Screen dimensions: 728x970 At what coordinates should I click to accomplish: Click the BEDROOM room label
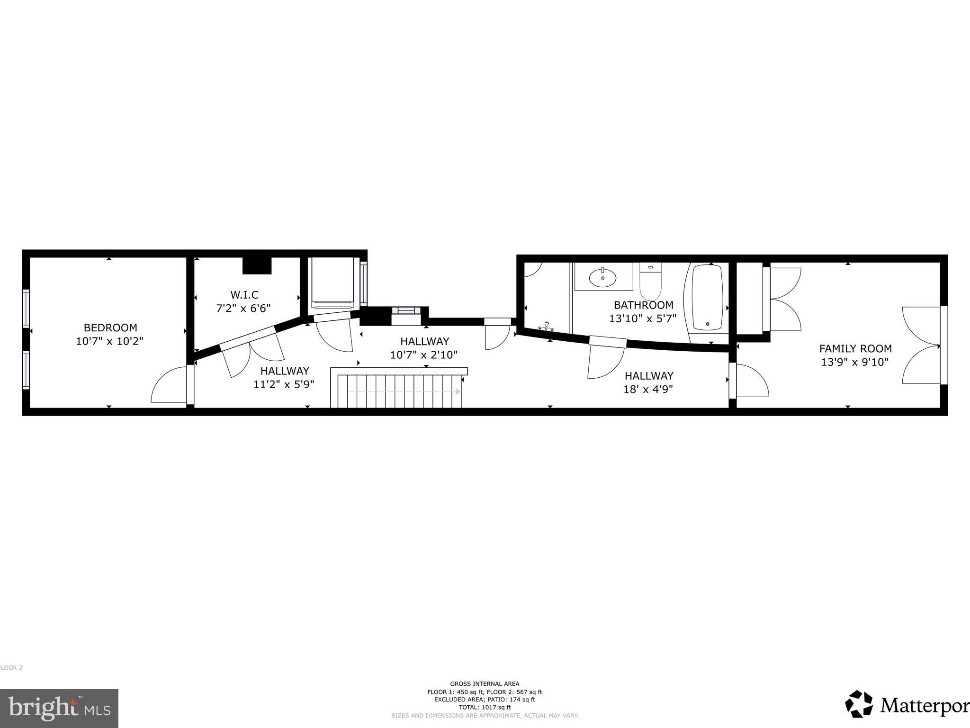click(110, 328)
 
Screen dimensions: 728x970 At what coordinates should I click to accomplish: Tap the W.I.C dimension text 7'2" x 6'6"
click(243, 309)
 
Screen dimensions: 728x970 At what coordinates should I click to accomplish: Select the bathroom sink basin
click(602, 277)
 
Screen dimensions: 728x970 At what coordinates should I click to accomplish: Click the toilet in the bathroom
click(650, 282)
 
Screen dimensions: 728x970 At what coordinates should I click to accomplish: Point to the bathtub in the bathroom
click(708, 298)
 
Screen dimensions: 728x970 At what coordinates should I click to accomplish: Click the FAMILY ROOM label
click(855, 349)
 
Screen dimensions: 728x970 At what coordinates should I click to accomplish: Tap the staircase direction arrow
click(458, 391)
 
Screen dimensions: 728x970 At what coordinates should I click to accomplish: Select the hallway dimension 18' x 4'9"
click(649, 390)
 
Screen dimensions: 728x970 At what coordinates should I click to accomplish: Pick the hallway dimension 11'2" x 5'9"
click(284, 384)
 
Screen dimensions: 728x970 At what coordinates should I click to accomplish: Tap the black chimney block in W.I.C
click(257, 266)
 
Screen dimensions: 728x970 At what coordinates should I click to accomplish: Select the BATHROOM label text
click(643, 305)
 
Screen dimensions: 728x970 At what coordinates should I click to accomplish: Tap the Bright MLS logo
click(59, 708)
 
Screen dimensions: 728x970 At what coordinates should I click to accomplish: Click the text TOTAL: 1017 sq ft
click(485, 708)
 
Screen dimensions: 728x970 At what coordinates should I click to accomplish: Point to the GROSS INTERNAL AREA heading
click(485, 684)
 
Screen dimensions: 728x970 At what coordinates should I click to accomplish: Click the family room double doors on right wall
click(921, 346)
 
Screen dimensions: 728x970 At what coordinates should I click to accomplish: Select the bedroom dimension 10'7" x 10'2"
click(109, 341)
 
